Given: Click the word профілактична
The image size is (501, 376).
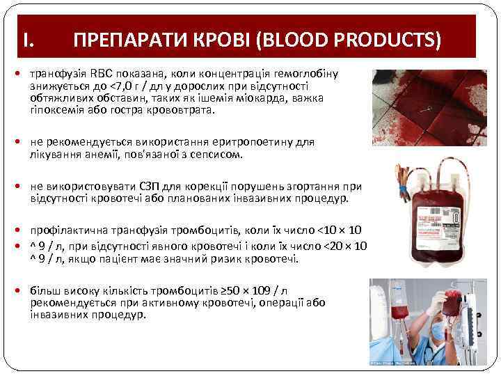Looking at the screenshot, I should [x=66, y=230].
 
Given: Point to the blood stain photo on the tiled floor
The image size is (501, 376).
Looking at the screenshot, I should [x=429, y=105].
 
